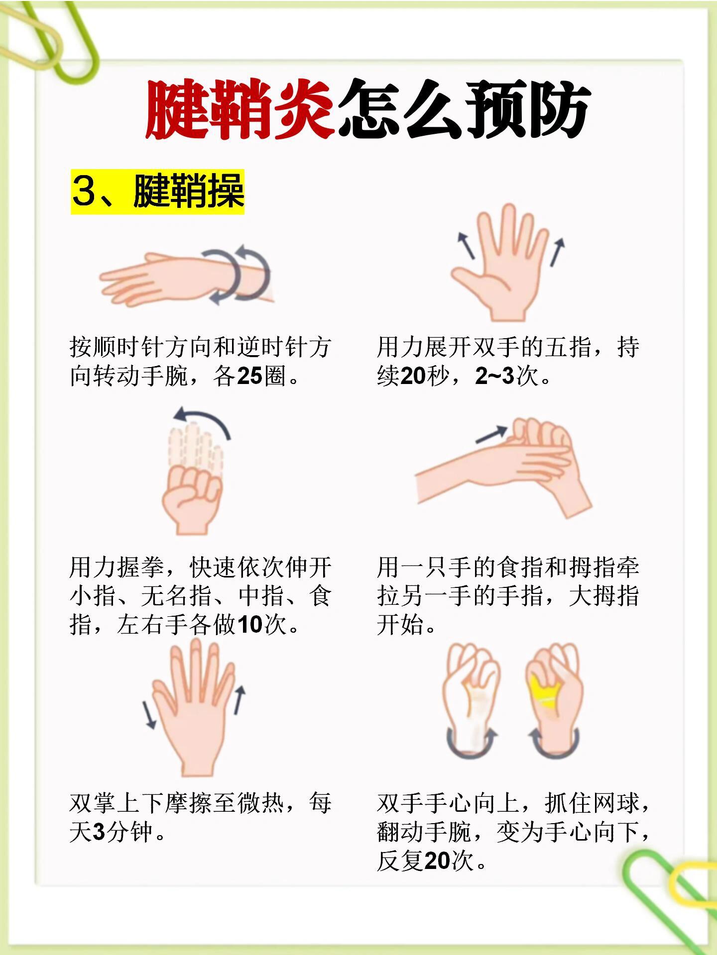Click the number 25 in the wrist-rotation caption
pos(249,376)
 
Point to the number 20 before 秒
pos(413,376)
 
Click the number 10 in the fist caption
pos(249,625)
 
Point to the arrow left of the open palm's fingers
pos(467,245)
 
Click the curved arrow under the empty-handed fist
pos(471,744)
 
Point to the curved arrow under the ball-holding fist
pos(554,744)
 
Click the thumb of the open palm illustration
pos(467,276)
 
